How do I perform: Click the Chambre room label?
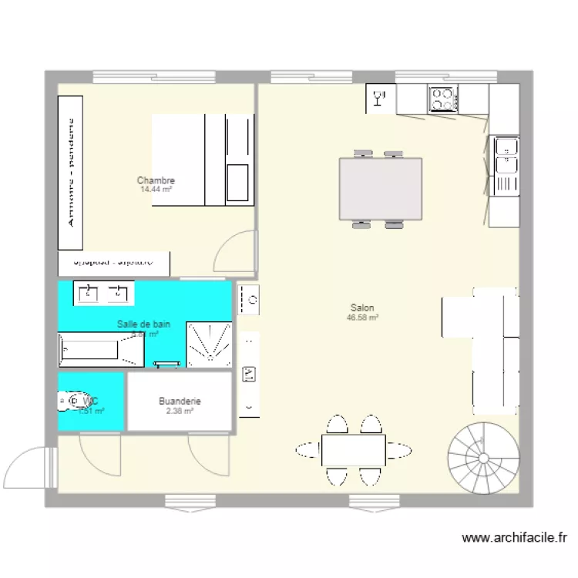click(156, 181)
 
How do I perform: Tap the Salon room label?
click(362, 307)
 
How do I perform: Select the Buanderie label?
click(180, 402)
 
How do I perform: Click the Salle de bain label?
click(143, 324)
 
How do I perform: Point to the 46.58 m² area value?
click(362, 317)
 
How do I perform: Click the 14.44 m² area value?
click(156, 190)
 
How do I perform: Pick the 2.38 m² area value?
click(180, 411)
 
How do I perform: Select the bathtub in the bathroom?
click(102, 349)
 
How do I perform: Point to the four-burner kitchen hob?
click(442, 99)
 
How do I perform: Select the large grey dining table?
click(381, 190)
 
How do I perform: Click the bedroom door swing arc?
click(234, 253)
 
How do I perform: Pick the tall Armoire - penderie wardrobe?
click(70, 173)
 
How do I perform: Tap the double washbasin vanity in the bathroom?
click(104, 293)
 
